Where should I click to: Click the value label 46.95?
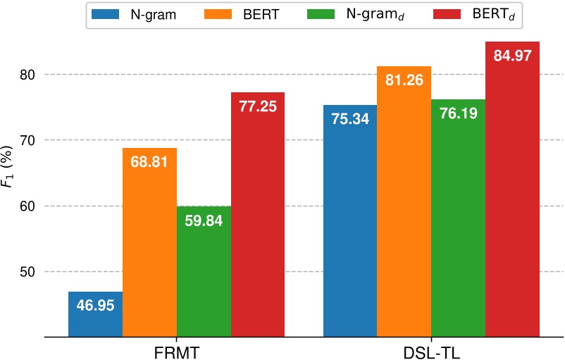point(95,306)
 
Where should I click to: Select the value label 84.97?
point(513,56)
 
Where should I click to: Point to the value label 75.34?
point(350,120)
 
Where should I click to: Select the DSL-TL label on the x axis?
point(431,350)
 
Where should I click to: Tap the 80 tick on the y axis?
point(29,75)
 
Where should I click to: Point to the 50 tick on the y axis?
point(29,272)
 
